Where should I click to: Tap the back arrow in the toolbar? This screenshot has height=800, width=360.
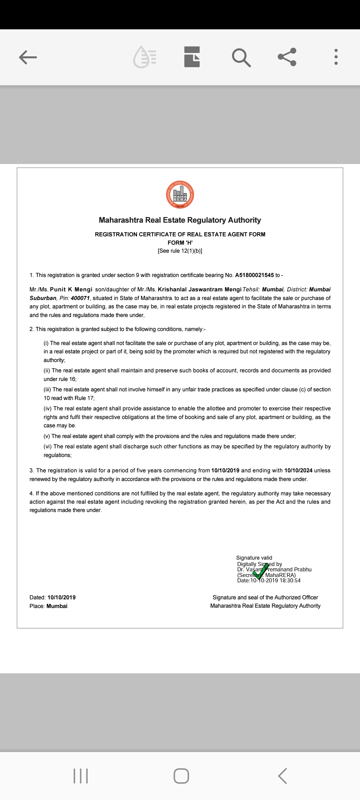tap(28, 57)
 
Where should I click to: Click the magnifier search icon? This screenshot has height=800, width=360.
tap(241, 57)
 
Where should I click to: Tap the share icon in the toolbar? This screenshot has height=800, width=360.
tap(287, 57)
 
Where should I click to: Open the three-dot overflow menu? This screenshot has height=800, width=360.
tap(336, 57)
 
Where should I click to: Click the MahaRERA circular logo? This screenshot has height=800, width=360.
tap(180, 195)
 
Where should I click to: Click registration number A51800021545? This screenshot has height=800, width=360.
tap(254, 275)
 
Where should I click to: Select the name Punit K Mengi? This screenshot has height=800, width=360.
tap(71, 289)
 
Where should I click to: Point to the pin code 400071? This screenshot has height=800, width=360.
tap(80, 298)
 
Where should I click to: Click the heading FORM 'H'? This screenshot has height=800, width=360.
tap(180, 243)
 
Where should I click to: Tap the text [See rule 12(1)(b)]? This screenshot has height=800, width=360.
tap(180, 251)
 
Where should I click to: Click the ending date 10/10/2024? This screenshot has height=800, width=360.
tap(298, 470)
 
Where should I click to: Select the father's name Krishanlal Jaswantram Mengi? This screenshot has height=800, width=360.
tap(199, 289)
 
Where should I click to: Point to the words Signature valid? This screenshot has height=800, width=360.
tap(254, 558)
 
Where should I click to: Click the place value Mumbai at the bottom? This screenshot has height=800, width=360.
tap(57, 606)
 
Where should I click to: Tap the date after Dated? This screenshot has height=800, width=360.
tap(62, 597)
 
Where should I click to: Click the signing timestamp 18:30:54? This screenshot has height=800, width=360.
tap(290, 580)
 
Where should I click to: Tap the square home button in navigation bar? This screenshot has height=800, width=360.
tap(181, 776)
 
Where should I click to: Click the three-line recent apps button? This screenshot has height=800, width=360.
tap(80, 776)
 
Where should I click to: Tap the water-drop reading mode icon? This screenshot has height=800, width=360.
tap(145, 57)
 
